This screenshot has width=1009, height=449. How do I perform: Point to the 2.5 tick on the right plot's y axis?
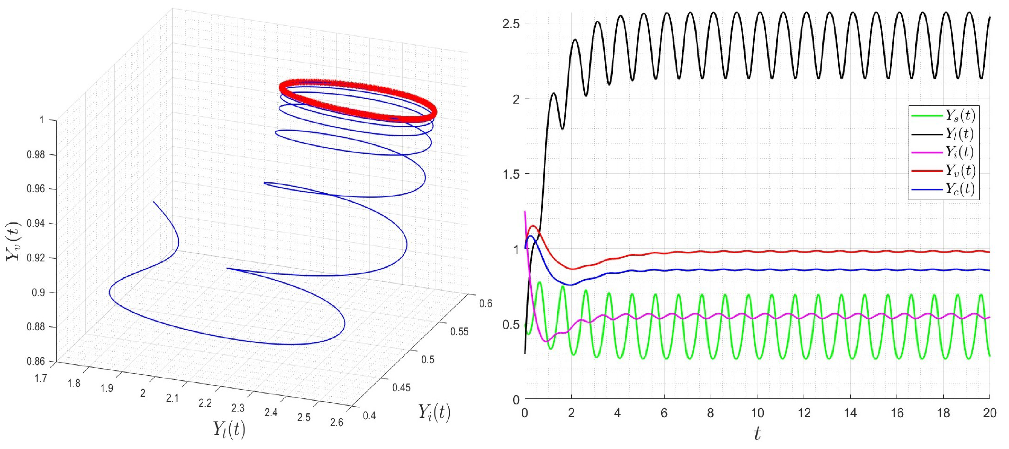[511, 23]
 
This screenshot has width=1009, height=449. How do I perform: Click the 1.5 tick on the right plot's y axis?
[511, 174]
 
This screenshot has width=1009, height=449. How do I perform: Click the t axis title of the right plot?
[757, 434]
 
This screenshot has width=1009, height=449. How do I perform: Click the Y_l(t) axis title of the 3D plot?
[229, 429]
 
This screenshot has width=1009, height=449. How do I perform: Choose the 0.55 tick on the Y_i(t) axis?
[459, 332]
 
